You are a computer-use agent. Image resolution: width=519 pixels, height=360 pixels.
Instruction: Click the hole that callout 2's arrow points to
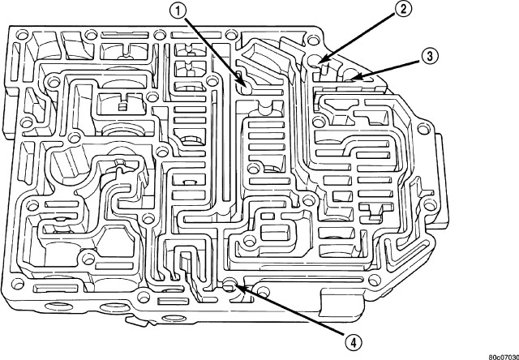coord(321,61)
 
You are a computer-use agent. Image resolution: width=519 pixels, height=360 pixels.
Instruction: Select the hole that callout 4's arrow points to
coord(230,285)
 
